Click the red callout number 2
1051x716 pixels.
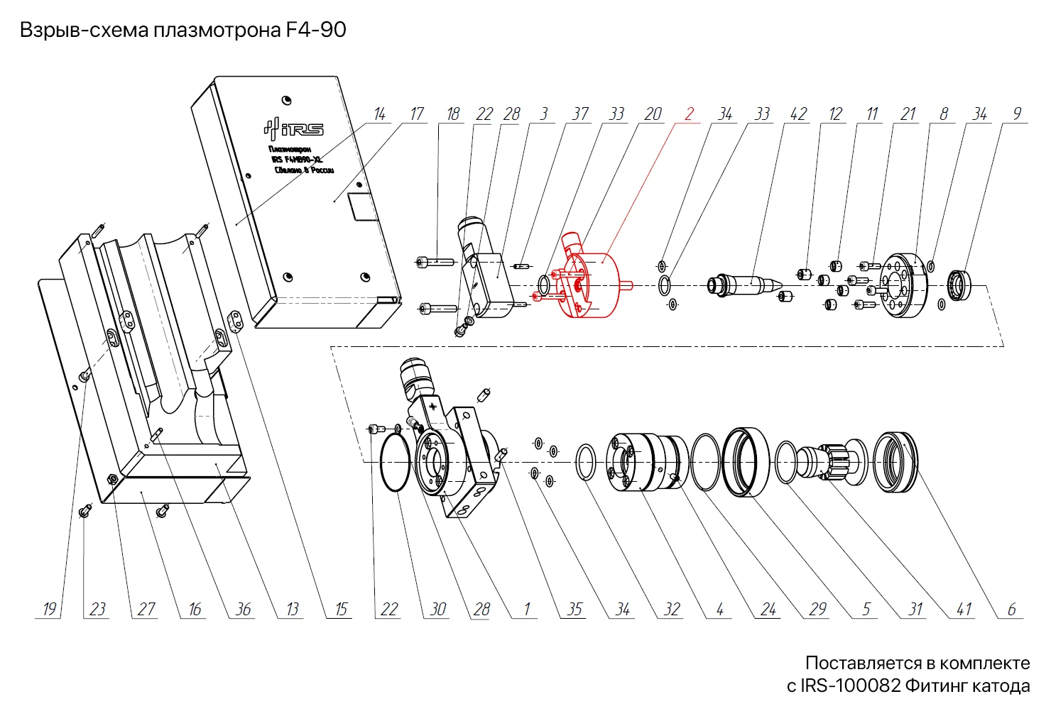tap(689, 114)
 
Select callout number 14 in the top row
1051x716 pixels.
tap(380, 114)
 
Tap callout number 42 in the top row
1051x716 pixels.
tap(799, 114)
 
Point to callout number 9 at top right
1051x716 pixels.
tap(1017, 114)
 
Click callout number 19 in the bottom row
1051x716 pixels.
tap(49, 609)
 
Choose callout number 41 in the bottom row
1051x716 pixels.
tap(964, 609)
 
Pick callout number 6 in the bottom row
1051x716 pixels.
tap(1012, 609)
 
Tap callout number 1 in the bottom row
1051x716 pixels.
tap(527, 609)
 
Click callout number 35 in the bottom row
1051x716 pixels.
tap(574, 609)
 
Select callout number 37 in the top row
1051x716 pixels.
tap(580, 114)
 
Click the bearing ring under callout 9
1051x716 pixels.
tap(961, 285)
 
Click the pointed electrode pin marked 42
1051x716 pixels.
tap(749, 285)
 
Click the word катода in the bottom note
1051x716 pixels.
tap(1001, 686)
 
